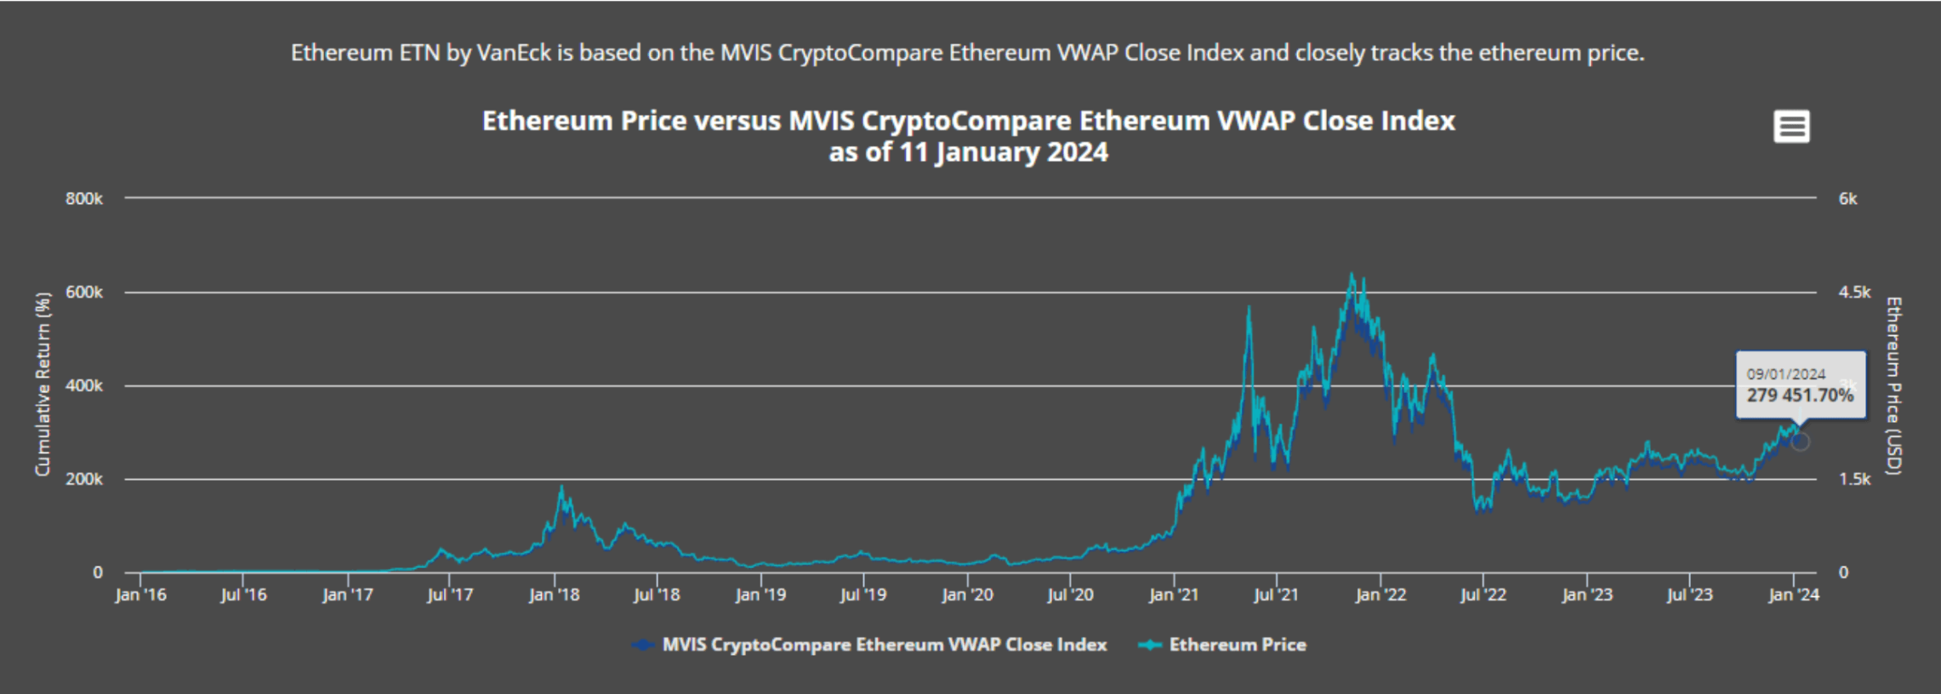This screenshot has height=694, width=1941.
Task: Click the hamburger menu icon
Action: (1791, 128)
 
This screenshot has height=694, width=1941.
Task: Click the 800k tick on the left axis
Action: (84, 198)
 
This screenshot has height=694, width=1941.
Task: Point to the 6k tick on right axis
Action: (1847, 198)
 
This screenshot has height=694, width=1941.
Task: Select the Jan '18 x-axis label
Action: (554, 594)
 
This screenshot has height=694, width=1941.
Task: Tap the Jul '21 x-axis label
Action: (1276, 594)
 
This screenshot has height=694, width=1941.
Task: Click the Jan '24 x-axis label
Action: (1793, 594)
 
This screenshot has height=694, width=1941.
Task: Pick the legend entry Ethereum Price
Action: (1237, 645)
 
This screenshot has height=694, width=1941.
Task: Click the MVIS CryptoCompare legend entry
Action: (884, 645)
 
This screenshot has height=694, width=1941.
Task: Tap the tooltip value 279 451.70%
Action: (1800, 395)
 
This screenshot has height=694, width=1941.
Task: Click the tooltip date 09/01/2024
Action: (1786, 374)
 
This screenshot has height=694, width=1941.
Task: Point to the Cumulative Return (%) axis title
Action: (43, 384)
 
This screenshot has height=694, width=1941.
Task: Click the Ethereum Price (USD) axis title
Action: (1893, 385)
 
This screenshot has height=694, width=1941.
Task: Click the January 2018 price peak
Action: (561, 488)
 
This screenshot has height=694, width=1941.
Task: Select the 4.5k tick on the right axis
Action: (1854, 292)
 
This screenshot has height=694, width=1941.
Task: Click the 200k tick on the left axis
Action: (84, 479)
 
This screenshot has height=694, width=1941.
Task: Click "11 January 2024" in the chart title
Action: (1004, 152)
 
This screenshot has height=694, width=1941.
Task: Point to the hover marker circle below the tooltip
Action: (1800, 441)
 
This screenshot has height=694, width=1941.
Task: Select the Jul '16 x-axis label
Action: (243, 594)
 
